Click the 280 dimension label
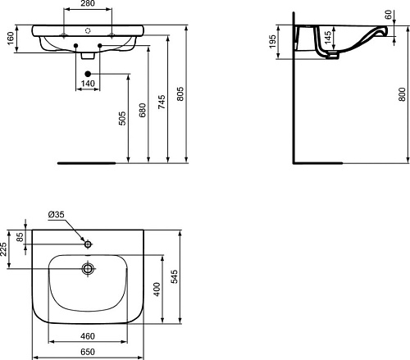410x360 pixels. pos(88,3)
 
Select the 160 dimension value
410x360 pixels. pos(10,39)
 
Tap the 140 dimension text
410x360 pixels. pos(88,84)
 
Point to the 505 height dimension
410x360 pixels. pos(123,118)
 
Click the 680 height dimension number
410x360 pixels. pos(143,110)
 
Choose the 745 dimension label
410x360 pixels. pos(162,102)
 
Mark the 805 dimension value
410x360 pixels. pos(180,94)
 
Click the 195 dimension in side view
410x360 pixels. pos(272,42)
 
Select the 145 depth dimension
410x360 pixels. pos(328,37)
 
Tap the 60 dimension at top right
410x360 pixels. pos(388,15)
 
